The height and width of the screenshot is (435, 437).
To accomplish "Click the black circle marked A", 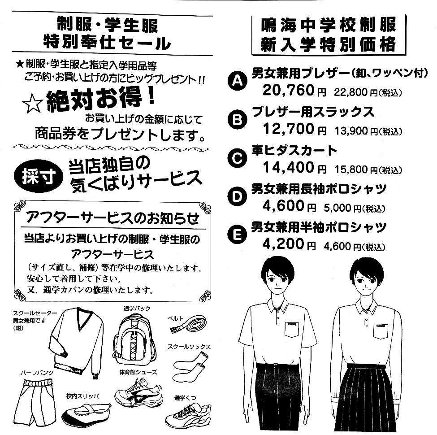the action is click(237, 81).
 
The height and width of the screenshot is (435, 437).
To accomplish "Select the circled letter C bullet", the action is click(237, 158).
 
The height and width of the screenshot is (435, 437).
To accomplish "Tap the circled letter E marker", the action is click(237, 235).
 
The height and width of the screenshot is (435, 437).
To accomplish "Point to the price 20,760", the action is click(289, 90).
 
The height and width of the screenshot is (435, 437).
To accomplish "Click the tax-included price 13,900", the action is click(352, 131).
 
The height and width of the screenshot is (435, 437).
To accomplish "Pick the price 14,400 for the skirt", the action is click(289, 167).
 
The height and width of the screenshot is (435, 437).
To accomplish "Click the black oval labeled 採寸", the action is click(39, 176).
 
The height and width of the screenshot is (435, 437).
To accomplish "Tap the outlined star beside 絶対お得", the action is click(33, 103).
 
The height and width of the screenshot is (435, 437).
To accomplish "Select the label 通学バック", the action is click(137, 309).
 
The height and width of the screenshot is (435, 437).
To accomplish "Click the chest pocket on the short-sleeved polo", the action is click(292, 330).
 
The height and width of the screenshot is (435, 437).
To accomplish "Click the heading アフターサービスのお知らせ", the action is click(112, 218).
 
